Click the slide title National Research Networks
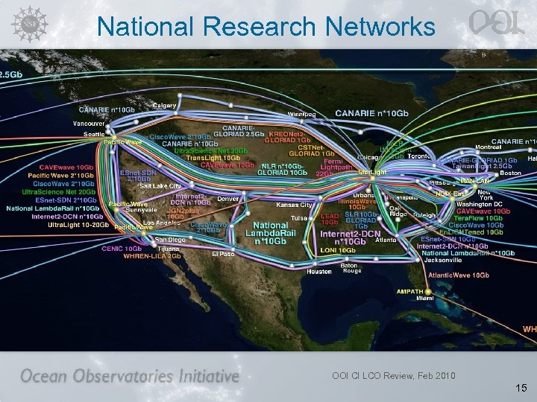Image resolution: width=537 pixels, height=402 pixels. (266, 27)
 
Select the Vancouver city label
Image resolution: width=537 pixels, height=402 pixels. (88, 123)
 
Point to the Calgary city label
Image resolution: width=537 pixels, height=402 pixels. (164, 105)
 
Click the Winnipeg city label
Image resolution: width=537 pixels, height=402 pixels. (302, 114)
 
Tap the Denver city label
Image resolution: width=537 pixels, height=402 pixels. (227, 199)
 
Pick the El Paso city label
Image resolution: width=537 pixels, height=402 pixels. (223, 253)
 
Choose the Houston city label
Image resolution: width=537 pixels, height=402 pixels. (319, 272)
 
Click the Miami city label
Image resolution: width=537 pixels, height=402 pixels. (424, 298)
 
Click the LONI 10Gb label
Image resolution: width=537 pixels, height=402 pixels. (338, 251)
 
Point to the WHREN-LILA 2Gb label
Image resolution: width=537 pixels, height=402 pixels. (152, 256)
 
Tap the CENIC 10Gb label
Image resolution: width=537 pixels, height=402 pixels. (122, 249)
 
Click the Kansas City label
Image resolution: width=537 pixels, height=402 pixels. (294, 204)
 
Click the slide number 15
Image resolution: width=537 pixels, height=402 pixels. (521, 388)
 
